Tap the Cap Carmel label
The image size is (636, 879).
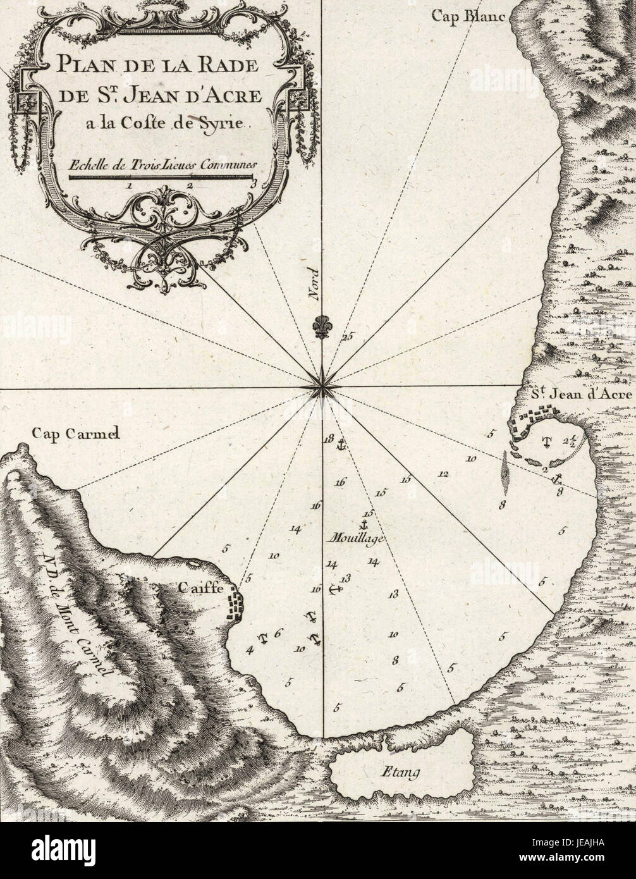pos(75,434)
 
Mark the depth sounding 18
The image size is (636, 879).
pos(327,439)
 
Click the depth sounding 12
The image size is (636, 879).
pos(443,474)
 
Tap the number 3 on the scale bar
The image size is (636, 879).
pos(254,185)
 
